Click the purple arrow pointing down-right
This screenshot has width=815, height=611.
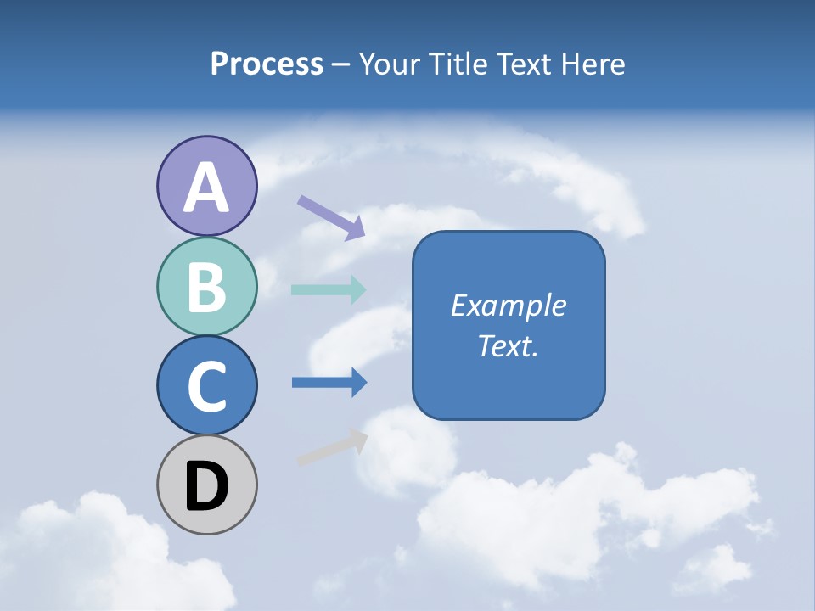click(331, 217)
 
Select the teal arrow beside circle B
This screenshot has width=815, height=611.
click(329, 289)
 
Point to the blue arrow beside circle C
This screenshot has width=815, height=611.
click(329, 383)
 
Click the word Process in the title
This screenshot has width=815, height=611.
click(267, 64)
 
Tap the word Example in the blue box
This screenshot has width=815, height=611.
click(508, 305)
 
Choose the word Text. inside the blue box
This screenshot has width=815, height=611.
click(508, 346)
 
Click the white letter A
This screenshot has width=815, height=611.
click(206, 188)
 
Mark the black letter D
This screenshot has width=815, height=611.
click(206, 486)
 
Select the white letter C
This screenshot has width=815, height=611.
click(206, 386)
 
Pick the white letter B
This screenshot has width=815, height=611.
click(206, 287)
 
